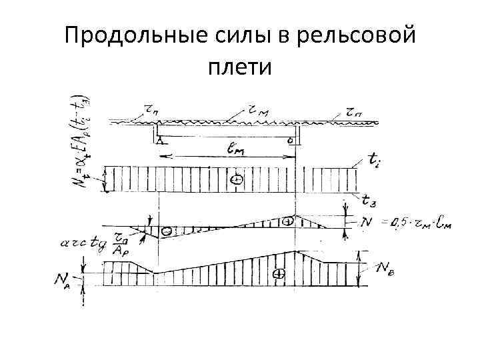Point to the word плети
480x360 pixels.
[x=239, y=67]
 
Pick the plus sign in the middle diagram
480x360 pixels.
[x=288, y=221]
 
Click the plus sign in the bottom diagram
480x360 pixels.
[x=280, y=273]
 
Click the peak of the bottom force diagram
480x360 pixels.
[x=295, y=251]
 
